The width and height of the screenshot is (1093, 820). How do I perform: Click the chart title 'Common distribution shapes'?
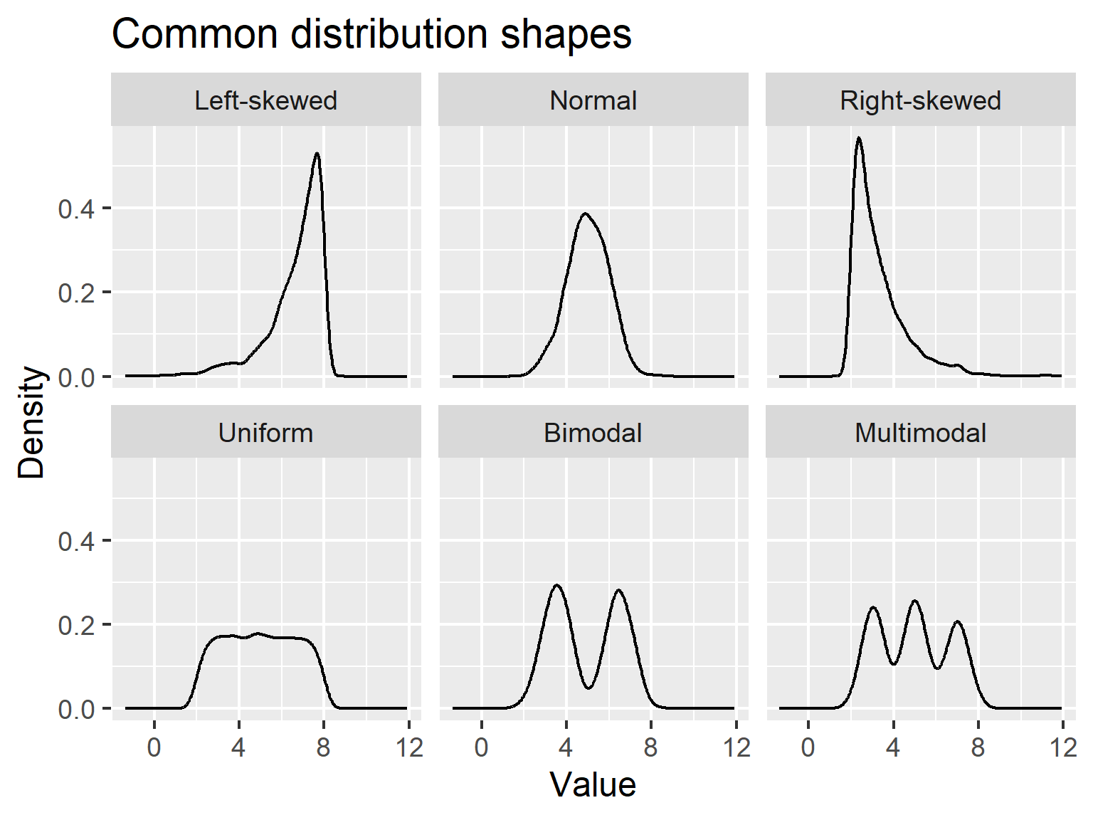[x=371, y=34]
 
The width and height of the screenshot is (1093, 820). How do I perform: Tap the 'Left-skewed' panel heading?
[x=265, y=100]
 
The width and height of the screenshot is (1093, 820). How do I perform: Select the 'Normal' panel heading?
[x=593, y=100]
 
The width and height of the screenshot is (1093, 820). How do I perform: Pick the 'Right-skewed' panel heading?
[x=920, y=100]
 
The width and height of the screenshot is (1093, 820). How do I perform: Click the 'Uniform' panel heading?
[x=265, y=433]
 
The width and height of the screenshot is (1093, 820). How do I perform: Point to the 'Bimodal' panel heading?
[x=593, y=433]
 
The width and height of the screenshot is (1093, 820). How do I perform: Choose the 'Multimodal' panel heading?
[x=920, y=433]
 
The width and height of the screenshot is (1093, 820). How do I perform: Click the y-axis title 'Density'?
[x=32, y=422]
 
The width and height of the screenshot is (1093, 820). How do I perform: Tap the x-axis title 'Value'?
[x=593, y=785]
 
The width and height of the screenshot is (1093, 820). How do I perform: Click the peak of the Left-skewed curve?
[x=317, y=154]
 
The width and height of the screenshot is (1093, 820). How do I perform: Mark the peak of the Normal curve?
[x=585, y=214]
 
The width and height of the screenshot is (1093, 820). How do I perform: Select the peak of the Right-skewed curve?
[x=859, y=138]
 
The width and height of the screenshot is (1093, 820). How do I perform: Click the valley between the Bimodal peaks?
[x=588, y=688]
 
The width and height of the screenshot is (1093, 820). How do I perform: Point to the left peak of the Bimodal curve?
[x=556, y=586]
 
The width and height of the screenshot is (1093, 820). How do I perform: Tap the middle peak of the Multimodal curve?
[x=914, y=601]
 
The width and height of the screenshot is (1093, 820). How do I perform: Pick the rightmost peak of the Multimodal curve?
[x=958, y=622]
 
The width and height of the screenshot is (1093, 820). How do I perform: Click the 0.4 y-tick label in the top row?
[x=76, y=209]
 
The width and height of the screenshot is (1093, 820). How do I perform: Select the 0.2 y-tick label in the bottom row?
[x=76, y=625]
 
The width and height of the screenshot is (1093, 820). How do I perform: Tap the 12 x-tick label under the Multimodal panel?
[x=1063, y=747]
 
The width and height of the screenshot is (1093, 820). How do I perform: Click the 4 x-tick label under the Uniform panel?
[x=238, y=747]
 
